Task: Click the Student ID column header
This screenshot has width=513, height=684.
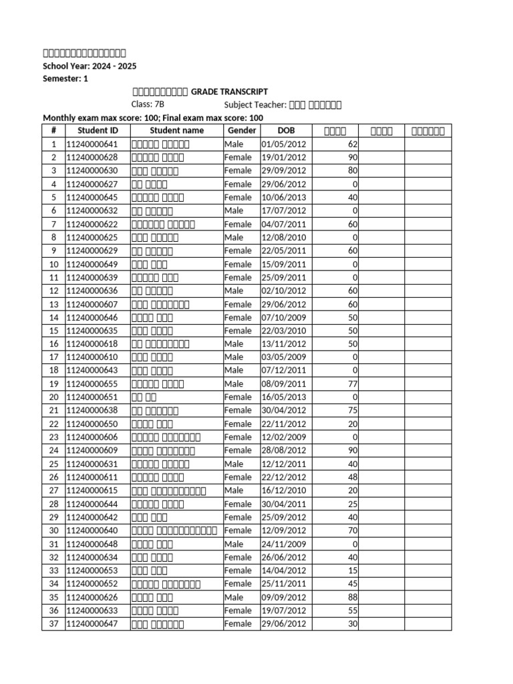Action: tap(97, 130)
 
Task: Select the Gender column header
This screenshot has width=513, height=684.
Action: tap(242, 130)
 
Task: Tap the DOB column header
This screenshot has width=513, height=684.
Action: tap(285, 130)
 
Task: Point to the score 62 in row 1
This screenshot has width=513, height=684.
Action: tap(353, 144)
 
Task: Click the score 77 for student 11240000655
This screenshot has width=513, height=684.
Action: tap(353, 384)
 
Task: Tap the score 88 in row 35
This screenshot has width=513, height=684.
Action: tap(353, 597)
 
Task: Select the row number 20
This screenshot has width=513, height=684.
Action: tap(53, 397)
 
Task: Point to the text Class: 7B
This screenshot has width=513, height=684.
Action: tap(148, 105)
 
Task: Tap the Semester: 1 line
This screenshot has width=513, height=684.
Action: tap(65, 79)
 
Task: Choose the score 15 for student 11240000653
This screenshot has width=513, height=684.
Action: tap(353, 570)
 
